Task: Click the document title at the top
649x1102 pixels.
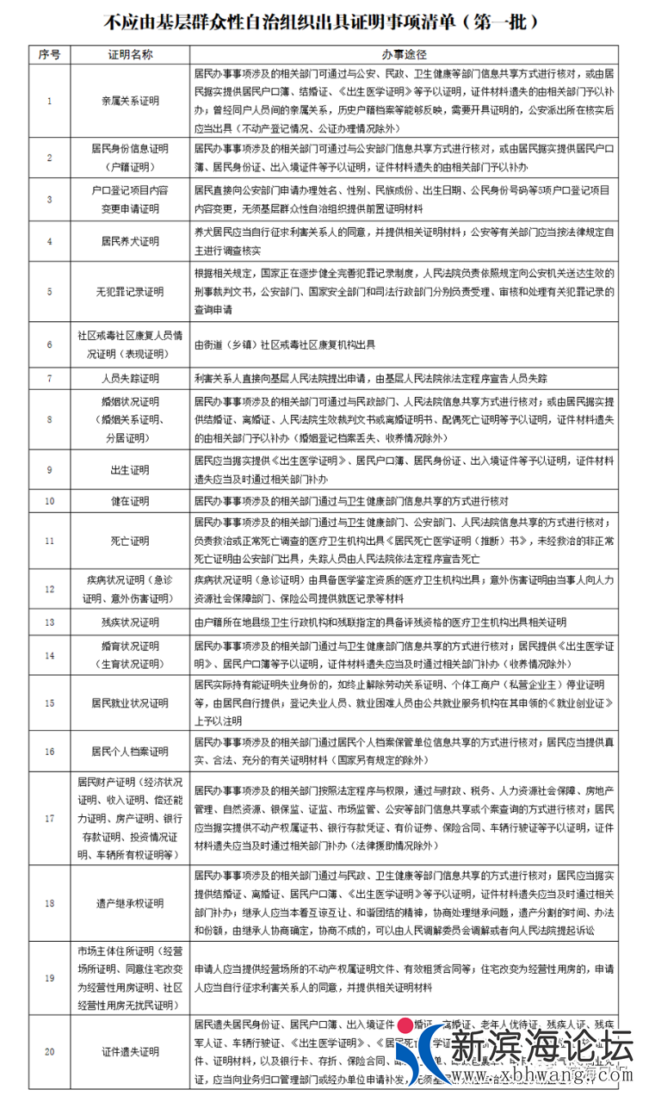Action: click(324, 20)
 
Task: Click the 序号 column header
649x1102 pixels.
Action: click(49, 54)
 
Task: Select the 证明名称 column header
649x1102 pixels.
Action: click(130, 54)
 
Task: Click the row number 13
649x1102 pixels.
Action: click(49, 622)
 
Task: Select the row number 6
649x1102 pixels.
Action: click(49, 344)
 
